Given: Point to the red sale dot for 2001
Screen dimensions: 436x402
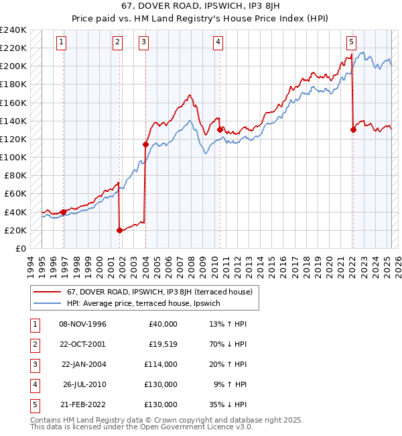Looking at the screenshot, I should [x=119, y=230].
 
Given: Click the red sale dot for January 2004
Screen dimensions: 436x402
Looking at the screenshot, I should [x=145, y=144].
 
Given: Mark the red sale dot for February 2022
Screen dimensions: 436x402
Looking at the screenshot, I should [x=353, y=130].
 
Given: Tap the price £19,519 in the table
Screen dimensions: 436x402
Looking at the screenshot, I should [x=161, y=344].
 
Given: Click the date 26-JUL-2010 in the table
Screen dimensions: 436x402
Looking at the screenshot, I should [x=84, y=384].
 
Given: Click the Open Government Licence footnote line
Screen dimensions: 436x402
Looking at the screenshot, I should [x=142, y=427].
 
